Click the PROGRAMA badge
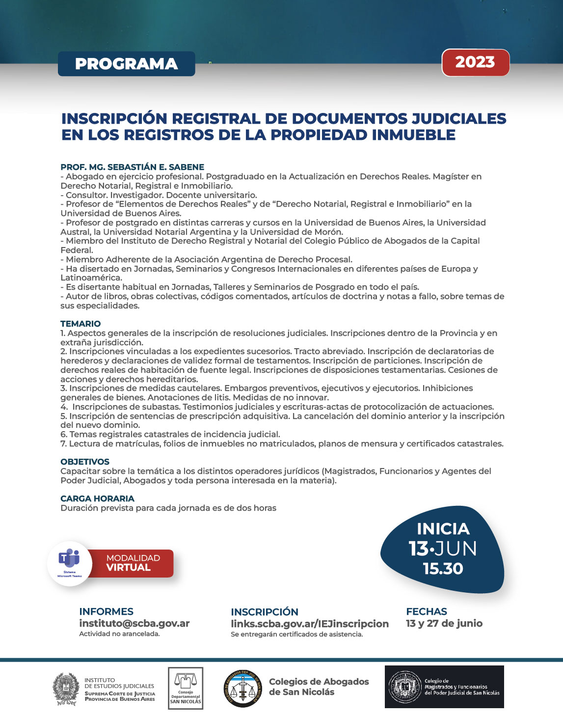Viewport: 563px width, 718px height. click(x=126, y=64)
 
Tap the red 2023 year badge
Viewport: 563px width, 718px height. click(x=475, y=62)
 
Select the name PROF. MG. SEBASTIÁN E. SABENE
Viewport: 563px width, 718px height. click(x=132, y=167)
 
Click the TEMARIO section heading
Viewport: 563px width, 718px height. click(x=80, y=324)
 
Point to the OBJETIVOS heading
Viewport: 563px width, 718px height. click(x=85, y=462)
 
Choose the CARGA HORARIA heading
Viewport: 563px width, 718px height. click(x=97, y=498)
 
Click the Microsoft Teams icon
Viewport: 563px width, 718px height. click(x=69, y=559)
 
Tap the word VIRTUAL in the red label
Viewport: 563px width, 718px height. click(x=129, y=568)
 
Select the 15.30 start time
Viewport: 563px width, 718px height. click(x=443, y=569)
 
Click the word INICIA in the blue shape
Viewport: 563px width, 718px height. click(x=443, y=529)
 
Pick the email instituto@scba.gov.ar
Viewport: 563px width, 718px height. click(x=134, y=623)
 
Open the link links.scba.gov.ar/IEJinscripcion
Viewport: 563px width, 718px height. click(x=309, y=624)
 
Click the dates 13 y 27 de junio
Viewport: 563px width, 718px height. click(x=444, y=623)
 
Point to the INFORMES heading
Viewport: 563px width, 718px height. click(x=106, y=611)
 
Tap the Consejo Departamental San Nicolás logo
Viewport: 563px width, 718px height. click(x=186, y=688)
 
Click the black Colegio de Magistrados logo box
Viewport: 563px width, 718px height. click(x=444, y=687)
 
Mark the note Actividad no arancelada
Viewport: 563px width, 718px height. click(x=119, y=634)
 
